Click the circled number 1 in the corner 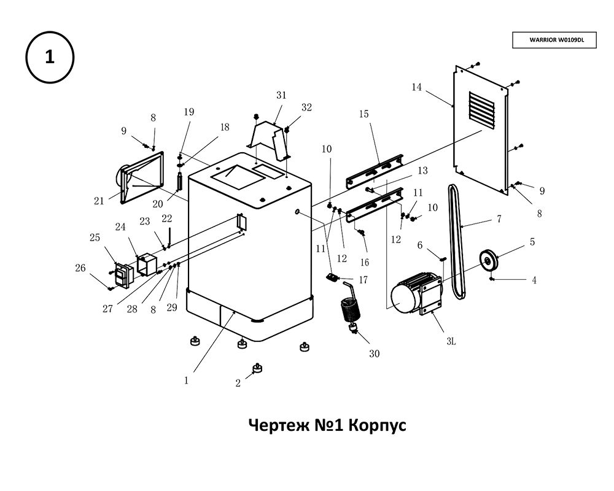(x=49, y=58)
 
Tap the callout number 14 (x=417, y=87)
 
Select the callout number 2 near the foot (x=238, y=384)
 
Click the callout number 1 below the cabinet (x=186, y=380)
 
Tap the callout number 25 (x=95, y=238)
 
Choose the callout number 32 (x=306, y=107)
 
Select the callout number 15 (x=363, y=114)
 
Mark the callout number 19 (x=188, y=112)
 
